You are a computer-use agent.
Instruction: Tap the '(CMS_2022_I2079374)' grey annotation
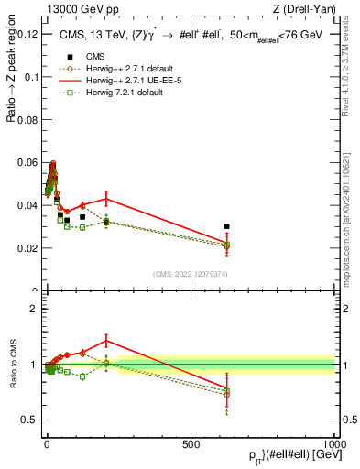tap(190, 273)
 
